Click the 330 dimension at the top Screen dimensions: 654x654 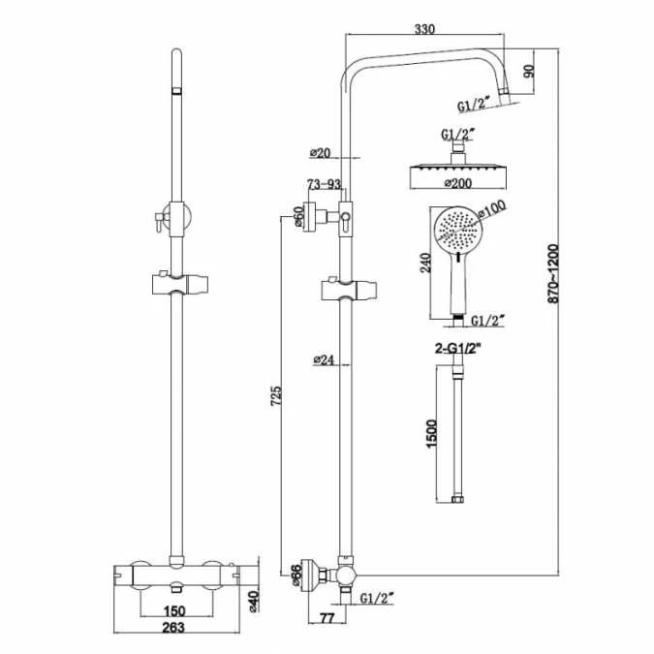(x=424, y=29)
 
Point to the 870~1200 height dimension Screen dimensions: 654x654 (x=552, y=276)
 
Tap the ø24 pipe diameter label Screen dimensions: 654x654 (x=323, y=360)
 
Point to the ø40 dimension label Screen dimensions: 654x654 (x=256, y=602)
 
